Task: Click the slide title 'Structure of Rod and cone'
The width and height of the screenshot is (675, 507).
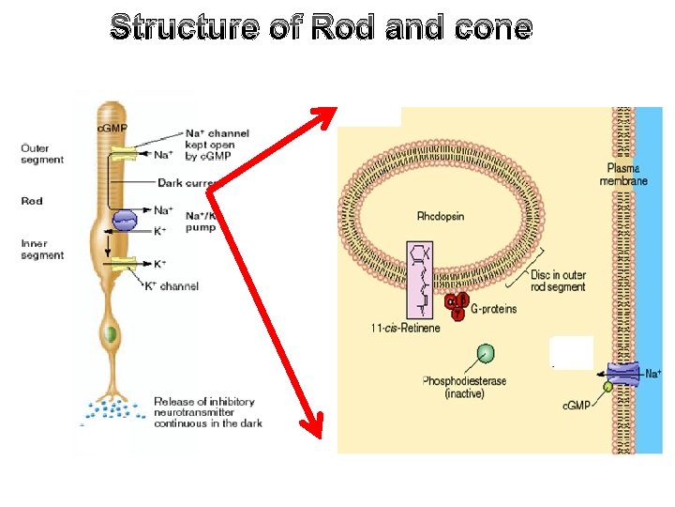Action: [x=321, y=28]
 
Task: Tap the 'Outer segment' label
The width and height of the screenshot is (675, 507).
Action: [x=42, y=154]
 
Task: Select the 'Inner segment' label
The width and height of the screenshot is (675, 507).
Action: [x=42, y=250]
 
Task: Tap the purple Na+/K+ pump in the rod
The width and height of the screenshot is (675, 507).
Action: [x=125, y=220]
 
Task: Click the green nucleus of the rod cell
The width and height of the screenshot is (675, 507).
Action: [x=111, y=333]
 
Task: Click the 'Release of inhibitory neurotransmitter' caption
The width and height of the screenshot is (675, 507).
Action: [x=207, y=412]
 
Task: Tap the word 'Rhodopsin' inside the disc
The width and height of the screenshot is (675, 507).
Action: [x=441, y=217]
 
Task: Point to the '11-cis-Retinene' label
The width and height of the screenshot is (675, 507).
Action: [x=405, y=328]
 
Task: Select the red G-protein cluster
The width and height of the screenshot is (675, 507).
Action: [x=456, y=303]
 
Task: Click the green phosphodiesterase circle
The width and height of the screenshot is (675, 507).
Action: [x=485, y=354]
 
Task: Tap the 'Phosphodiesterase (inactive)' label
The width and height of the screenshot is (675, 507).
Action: [x=466, y=387]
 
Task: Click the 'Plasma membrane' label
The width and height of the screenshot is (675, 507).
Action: [x=622, y=174]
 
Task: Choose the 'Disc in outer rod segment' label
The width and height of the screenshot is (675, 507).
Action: [x=558, y=280]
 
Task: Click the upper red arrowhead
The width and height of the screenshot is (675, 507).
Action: [x=325, y=116]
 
